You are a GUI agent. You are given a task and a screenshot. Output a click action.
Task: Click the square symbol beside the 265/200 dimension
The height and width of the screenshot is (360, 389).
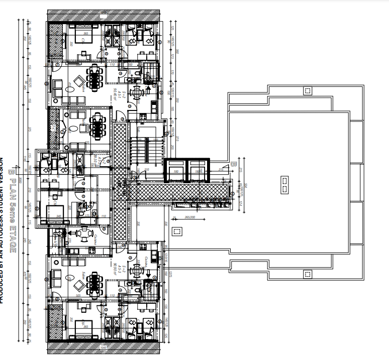[x=175, y=231]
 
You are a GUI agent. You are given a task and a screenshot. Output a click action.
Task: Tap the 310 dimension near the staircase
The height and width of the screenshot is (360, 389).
[x=147, y=170]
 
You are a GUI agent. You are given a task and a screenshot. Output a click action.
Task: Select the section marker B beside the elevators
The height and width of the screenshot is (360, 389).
[x=233, y=164]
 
